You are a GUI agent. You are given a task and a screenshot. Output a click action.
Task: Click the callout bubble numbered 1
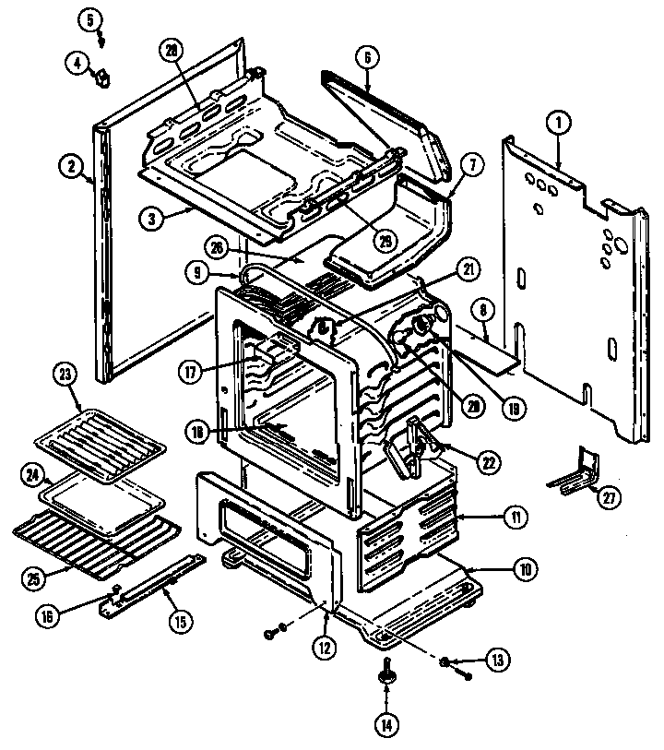pos(556,119)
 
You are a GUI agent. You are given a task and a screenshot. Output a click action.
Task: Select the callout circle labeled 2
pos(69,167)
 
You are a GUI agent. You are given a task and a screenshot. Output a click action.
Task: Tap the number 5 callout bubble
pos(89,18)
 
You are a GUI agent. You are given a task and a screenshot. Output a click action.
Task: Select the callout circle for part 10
pos(524,569)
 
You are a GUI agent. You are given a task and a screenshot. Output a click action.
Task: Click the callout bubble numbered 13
pos(497,661)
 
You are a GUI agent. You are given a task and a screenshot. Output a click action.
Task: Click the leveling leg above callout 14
pos(385,680)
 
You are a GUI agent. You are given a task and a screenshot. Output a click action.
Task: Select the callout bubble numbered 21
pos(468,269)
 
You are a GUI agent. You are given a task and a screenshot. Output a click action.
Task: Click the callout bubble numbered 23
pos(65,375)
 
